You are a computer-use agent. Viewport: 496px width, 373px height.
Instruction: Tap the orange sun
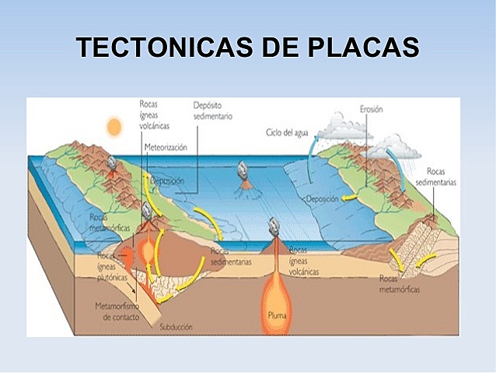pyautogui.click(x=115, y=125)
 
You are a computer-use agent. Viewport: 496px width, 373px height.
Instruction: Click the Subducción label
pyautogui.click(x=175, y=327)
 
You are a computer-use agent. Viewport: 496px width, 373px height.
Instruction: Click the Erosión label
pyautogui.click(x=371, y=110)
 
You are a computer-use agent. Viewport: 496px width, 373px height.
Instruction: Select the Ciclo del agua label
pyautogui.click(x=287, y=132)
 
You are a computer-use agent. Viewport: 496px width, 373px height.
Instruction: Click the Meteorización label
pyautogui.click(x=165, y=146)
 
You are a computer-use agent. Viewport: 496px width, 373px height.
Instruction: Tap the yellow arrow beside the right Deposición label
pyautogui.click(x=352, y=199)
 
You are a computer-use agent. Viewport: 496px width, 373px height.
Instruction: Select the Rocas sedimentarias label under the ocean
pyautogui.click(x=231, y=257)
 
